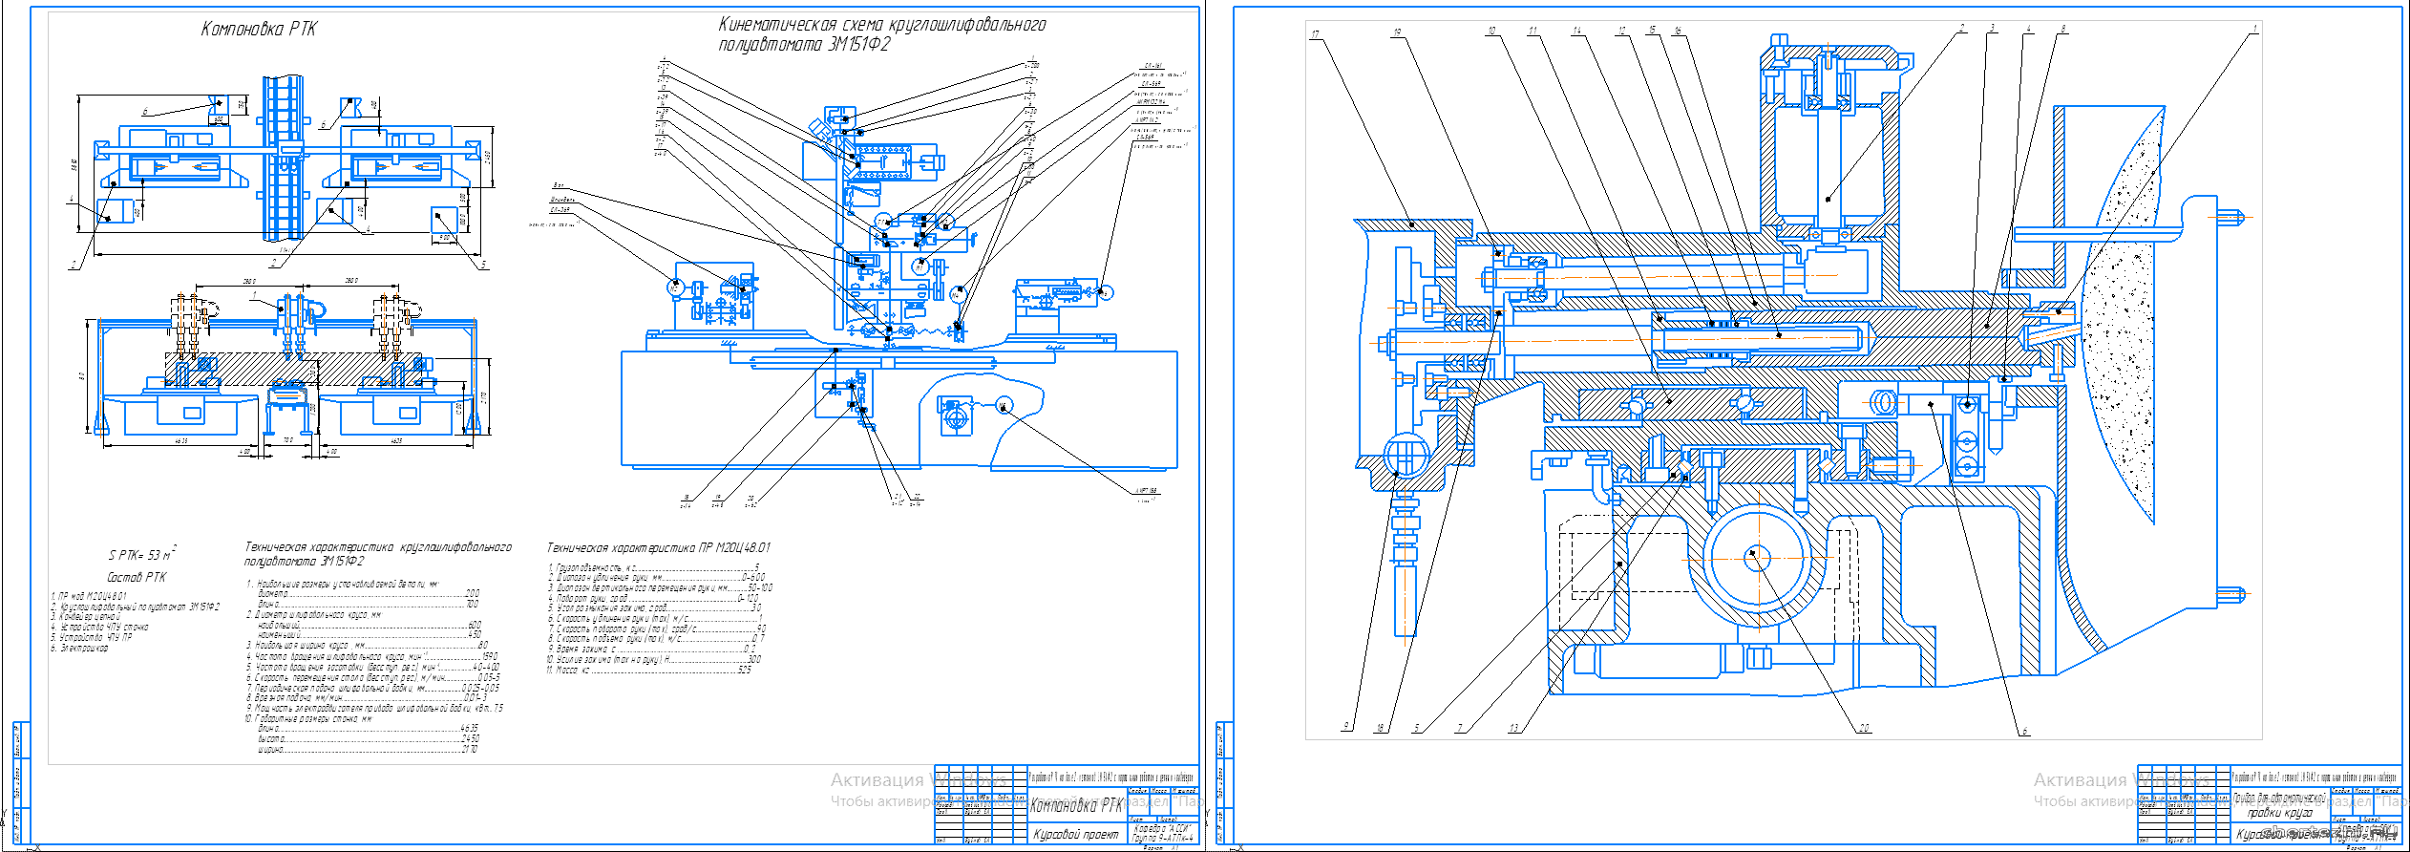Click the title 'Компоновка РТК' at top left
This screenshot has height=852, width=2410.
point(259,29)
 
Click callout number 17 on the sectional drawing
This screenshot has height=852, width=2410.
point(1315,34)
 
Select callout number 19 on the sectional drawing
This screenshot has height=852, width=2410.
point(1397,32)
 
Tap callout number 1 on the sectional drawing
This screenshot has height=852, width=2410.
point(2255,29)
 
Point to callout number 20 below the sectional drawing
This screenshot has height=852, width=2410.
point(1864,728)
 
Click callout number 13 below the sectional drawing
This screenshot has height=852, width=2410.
point(1513,728)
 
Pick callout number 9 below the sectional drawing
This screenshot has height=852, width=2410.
point(1346,726)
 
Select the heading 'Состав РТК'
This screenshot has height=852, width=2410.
point(137,577)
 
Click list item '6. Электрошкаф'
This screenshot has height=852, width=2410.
point(80,648)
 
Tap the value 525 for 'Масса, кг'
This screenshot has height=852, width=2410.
point(744,670)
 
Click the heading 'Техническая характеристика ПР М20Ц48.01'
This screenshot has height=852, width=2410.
point(658,548)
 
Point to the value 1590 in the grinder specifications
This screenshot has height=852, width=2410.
point(489,656)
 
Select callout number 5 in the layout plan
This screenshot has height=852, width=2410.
point(483,265)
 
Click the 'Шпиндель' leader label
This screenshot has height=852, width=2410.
point(562,200)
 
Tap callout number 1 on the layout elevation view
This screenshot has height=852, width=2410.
point(254,295)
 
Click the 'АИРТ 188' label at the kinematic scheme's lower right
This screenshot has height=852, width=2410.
point(1147,491)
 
